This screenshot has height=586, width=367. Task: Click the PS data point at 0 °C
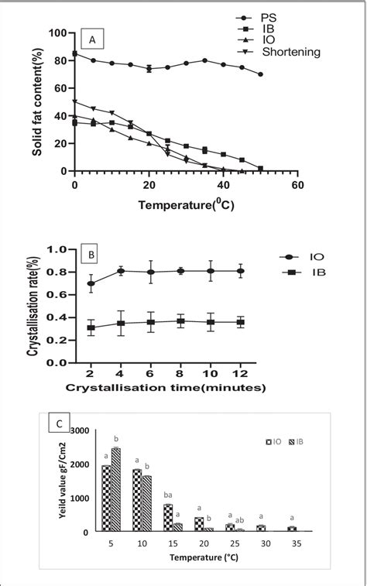click(74, 53)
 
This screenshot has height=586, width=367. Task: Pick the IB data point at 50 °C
click(260, 168)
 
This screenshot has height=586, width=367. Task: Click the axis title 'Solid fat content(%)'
click(37, 102)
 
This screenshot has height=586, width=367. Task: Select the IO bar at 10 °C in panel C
click(137, 500)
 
